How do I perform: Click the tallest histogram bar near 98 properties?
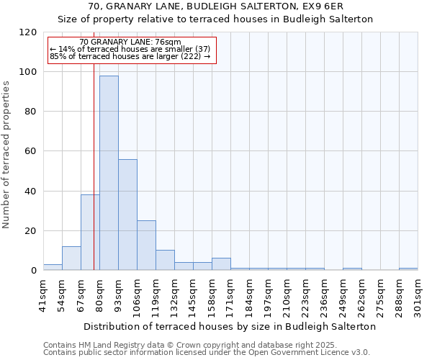109,173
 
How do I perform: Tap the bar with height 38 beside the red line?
90,232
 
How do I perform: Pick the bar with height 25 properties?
146,245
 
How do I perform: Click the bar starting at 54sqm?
71,258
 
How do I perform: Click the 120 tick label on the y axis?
28,32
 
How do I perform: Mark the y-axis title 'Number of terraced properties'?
7,154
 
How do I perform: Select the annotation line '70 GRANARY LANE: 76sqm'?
130,42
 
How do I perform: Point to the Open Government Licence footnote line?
207,353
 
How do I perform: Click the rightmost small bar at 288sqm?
408,269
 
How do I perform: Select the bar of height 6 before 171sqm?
221,264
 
